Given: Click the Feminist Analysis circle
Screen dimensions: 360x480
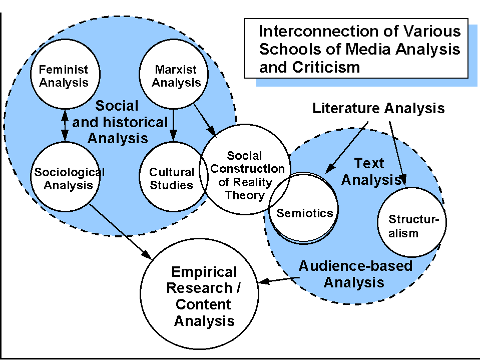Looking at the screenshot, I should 64,75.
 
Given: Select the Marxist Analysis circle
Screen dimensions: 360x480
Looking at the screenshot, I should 173,76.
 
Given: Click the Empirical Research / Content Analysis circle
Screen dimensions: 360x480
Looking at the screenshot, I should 200,295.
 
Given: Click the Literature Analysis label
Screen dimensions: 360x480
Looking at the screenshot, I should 378,108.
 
